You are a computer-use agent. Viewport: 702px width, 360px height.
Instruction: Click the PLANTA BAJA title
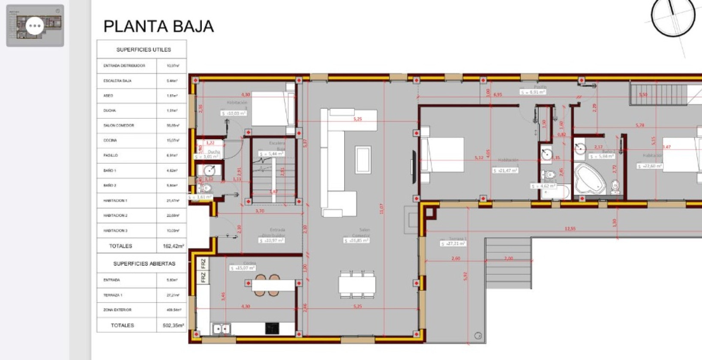159,27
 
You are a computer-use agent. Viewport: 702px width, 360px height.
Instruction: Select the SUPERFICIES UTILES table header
144,50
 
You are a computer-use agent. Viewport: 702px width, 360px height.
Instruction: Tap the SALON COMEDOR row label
119,126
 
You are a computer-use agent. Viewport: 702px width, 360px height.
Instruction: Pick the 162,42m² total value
173,246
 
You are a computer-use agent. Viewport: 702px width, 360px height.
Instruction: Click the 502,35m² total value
173,325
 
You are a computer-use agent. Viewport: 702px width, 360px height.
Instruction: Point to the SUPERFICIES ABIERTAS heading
144,264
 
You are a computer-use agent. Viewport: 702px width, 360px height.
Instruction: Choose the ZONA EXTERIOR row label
117,310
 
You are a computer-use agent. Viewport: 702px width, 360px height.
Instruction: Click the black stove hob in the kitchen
272,328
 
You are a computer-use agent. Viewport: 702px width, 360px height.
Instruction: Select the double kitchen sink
222,329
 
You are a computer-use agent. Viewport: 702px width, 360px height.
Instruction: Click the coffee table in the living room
363,159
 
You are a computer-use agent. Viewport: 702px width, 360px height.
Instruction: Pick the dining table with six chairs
357,284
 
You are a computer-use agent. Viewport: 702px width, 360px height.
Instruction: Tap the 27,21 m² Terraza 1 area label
453,243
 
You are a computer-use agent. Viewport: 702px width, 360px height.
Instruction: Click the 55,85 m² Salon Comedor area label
357,240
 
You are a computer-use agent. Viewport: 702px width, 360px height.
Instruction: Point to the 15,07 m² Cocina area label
243,268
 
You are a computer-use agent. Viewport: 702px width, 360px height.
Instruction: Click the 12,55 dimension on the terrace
570,228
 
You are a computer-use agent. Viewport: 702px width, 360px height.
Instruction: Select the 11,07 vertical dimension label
381,209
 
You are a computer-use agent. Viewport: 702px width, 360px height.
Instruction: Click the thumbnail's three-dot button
35,26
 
